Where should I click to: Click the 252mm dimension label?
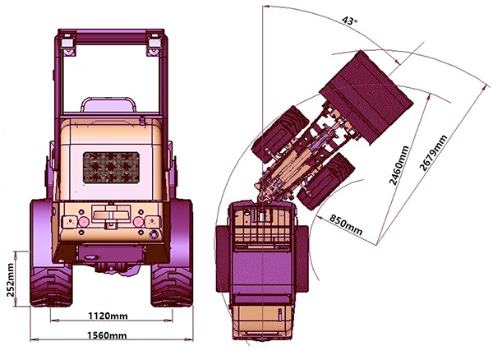point(10,279)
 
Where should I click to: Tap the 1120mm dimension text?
point(108,316)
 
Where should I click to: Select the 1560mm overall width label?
point(107,335)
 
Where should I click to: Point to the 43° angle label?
point(350,21)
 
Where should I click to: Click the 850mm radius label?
point(346,224)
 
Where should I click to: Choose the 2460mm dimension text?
point(399,165)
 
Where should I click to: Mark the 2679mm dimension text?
point(433,153)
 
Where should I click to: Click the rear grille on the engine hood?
point(111,168)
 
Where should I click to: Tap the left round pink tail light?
point(84,222)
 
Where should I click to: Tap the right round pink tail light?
point(138,222)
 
